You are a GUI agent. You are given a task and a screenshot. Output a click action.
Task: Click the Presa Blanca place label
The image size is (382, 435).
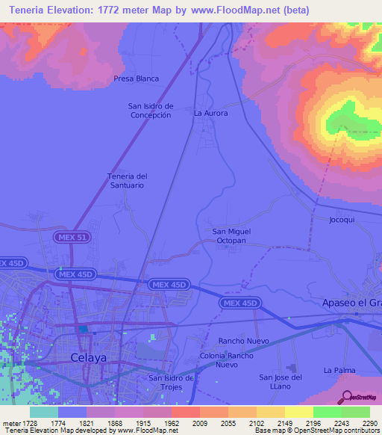pos(136,78)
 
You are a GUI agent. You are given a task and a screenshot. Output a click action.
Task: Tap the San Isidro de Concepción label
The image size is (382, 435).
pos(151,111)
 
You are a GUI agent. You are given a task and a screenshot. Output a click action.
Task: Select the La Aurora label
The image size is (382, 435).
pos(210,114)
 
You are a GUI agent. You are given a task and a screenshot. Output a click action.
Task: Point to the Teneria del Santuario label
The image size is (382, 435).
pos(128,180)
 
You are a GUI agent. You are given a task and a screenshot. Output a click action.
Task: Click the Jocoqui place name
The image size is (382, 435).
pos(344,220)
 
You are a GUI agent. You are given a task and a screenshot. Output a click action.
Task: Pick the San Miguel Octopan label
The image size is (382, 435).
pos(231,236)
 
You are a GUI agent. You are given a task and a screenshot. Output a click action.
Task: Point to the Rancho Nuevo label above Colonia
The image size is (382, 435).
pos(243,341)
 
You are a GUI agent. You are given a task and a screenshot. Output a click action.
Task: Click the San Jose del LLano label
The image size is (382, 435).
pos(281,381)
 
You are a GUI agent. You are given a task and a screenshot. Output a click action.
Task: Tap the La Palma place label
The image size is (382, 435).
pos(338,371)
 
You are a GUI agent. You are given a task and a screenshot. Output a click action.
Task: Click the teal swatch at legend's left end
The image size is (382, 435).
pos(43,412)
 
